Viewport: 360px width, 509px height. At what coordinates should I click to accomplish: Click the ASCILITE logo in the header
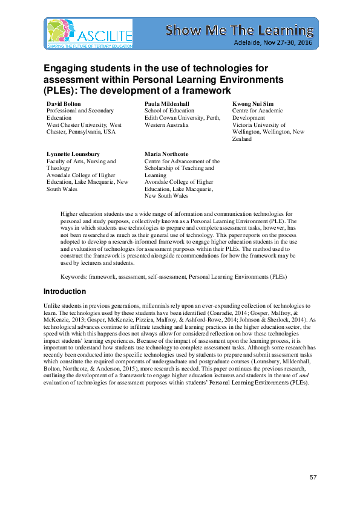pyautogui.click(x=88, y=33)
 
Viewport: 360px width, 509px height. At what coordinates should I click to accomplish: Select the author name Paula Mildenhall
pyautogui.click(x=168, y=104)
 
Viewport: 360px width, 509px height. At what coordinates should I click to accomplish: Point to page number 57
pyautogui.click(x=313, y=478)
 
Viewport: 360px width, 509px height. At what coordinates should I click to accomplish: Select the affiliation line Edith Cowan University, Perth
pyautogui.click(x=182, y=118)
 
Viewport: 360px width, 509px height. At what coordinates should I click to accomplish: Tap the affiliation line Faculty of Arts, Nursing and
pyautogui.click(x=81, y=161)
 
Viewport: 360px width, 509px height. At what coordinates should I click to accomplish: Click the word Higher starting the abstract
pyautogui.click(x=71, y=214)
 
